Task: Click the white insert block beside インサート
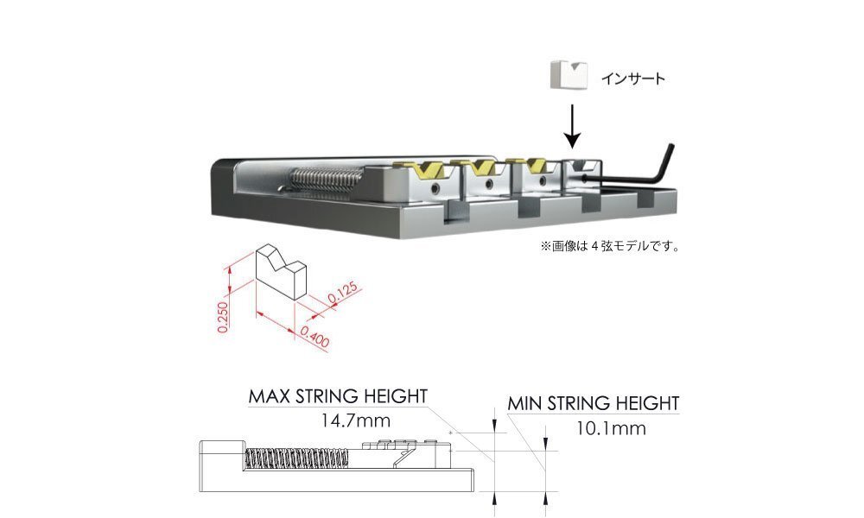pos(565,75)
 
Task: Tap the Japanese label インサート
pos(634,79)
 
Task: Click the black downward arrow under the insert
pos(571,126)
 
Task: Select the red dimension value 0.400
pos(315,336)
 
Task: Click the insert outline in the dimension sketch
pos(280,272)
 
